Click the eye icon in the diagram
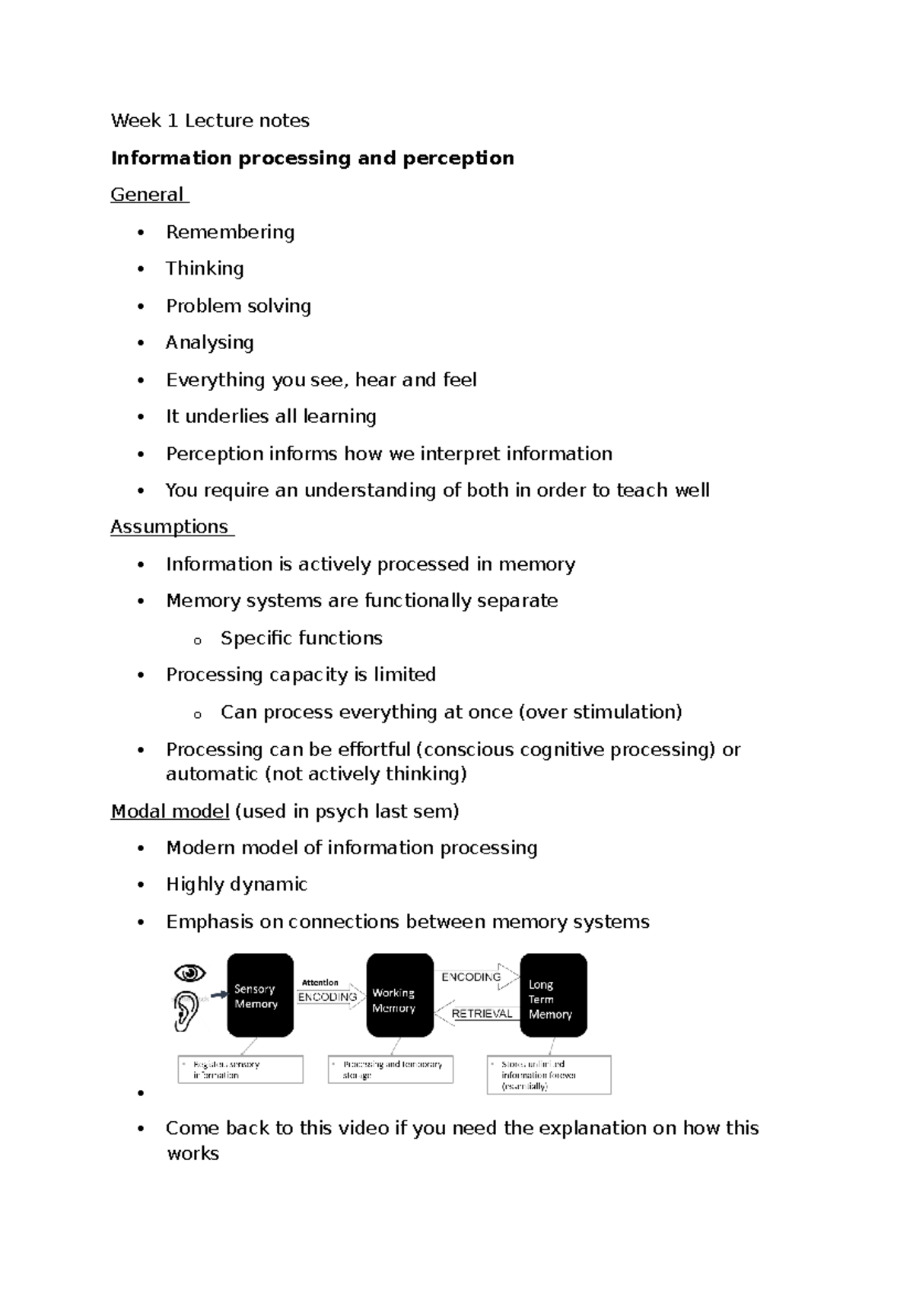click(189, 973)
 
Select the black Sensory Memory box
click(260, 995)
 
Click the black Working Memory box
click(399, 995)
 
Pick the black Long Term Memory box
click(553, 995)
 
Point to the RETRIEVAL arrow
click(478, 1014)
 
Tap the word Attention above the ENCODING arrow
click(320, 982)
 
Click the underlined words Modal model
click(170, 812)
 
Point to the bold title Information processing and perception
click(312, 158)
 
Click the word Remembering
click(230, 232)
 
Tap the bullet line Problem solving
click(238, 306)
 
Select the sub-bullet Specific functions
click(301, 638)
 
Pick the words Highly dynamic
click(237, 885)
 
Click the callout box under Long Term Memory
click(549, 1075)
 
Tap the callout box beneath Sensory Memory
click(240, 1069)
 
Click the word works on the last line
click(192, 1154)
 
